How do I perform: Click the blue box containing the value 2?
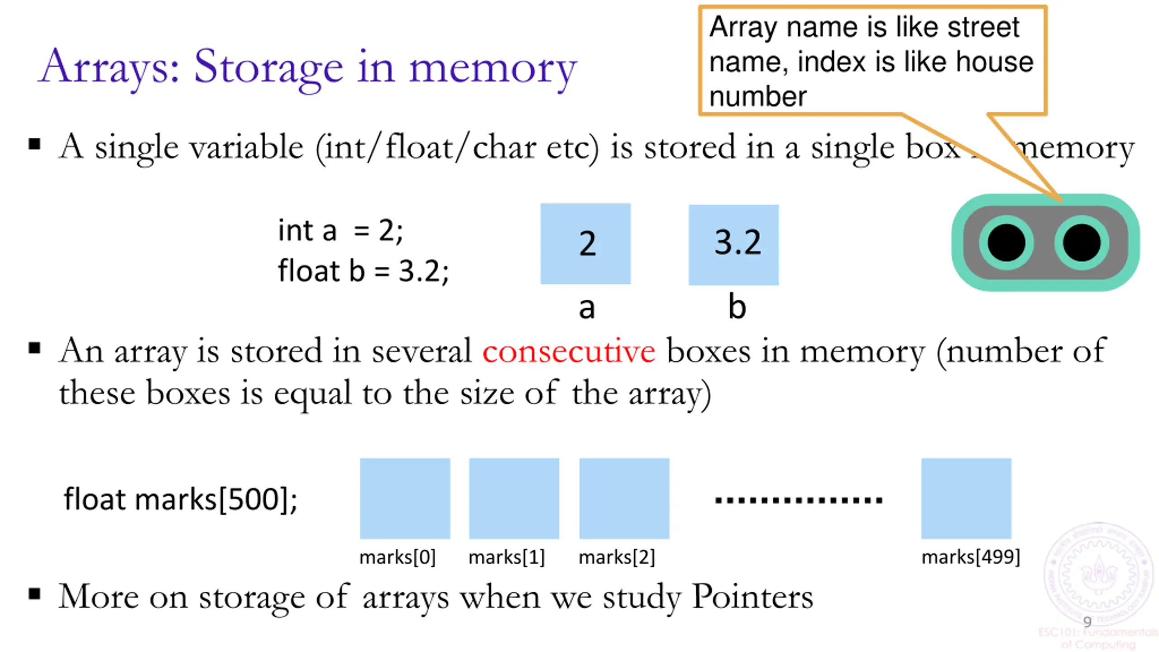pos(585,244)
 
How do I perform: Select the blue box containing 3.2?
pos(733,244)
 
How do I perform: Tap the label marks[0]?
pos(397,557)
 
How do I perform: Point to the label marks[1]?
pos(506,557)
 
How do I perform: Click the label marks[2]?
pos(617,557)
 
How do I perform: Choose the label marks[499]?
pos(971,557)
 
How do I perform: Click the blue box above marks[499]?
pos(966,498)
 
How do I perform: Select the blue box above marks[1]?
pos(514,498)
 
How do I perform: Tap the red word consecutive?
pos(569,351)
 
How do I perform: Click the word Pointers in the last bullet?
pos(752,596)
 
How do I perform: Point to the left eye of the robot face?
pos(1006,243)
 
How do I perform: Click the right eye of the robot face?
pos(1082,243)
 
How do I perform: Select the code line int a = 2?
pos(340,230)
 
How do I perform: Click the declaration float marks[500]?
pos(180,499)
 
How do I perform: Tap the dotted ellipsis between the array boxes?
pos(799,500)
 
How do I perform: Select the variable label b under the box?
pos(737,307)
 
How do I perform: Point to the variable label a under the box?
pos(586,309)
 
